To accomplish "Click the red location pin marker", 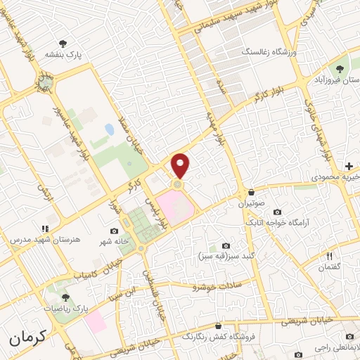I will tap(181, 165).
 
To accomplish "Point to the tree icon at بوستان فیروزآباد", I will tap(341, 68).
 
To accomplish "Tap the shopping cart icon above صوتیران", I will tap(250, 193).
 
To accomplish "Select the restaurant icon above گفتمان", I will tap(328, 256).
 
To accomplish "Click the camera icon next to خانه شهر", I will tap(114, 231).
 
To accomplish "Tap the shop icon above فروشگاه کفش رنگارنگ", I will tap(219, 326).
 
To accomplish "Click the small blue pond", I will tap(109, 129).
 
